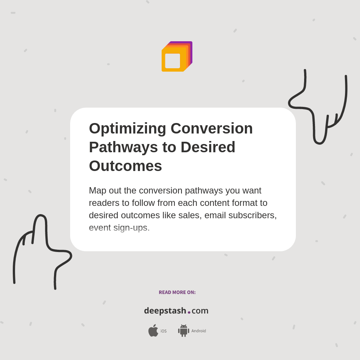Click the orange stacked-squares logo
tap(177, 57)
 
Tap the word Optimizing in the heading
tap(127, 128)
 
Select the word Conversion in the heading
tap(211, 128)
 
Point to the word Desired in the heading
tap(208, 147)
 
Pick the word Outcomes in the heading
tap(125, 166)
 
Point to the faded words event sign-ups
tap(119, 228)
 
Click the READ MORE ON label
tap(177, 292)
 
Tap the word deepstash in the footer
tap(165, 311)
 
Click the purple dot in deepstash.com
tap(189, 312)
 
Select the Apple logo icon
tap(153, 330)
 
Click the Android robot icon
tap(183, 330)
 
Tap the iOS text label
tap(163, 331)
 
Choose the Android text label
tap(198, 331)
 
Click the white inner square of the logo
tap(172, 61)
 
